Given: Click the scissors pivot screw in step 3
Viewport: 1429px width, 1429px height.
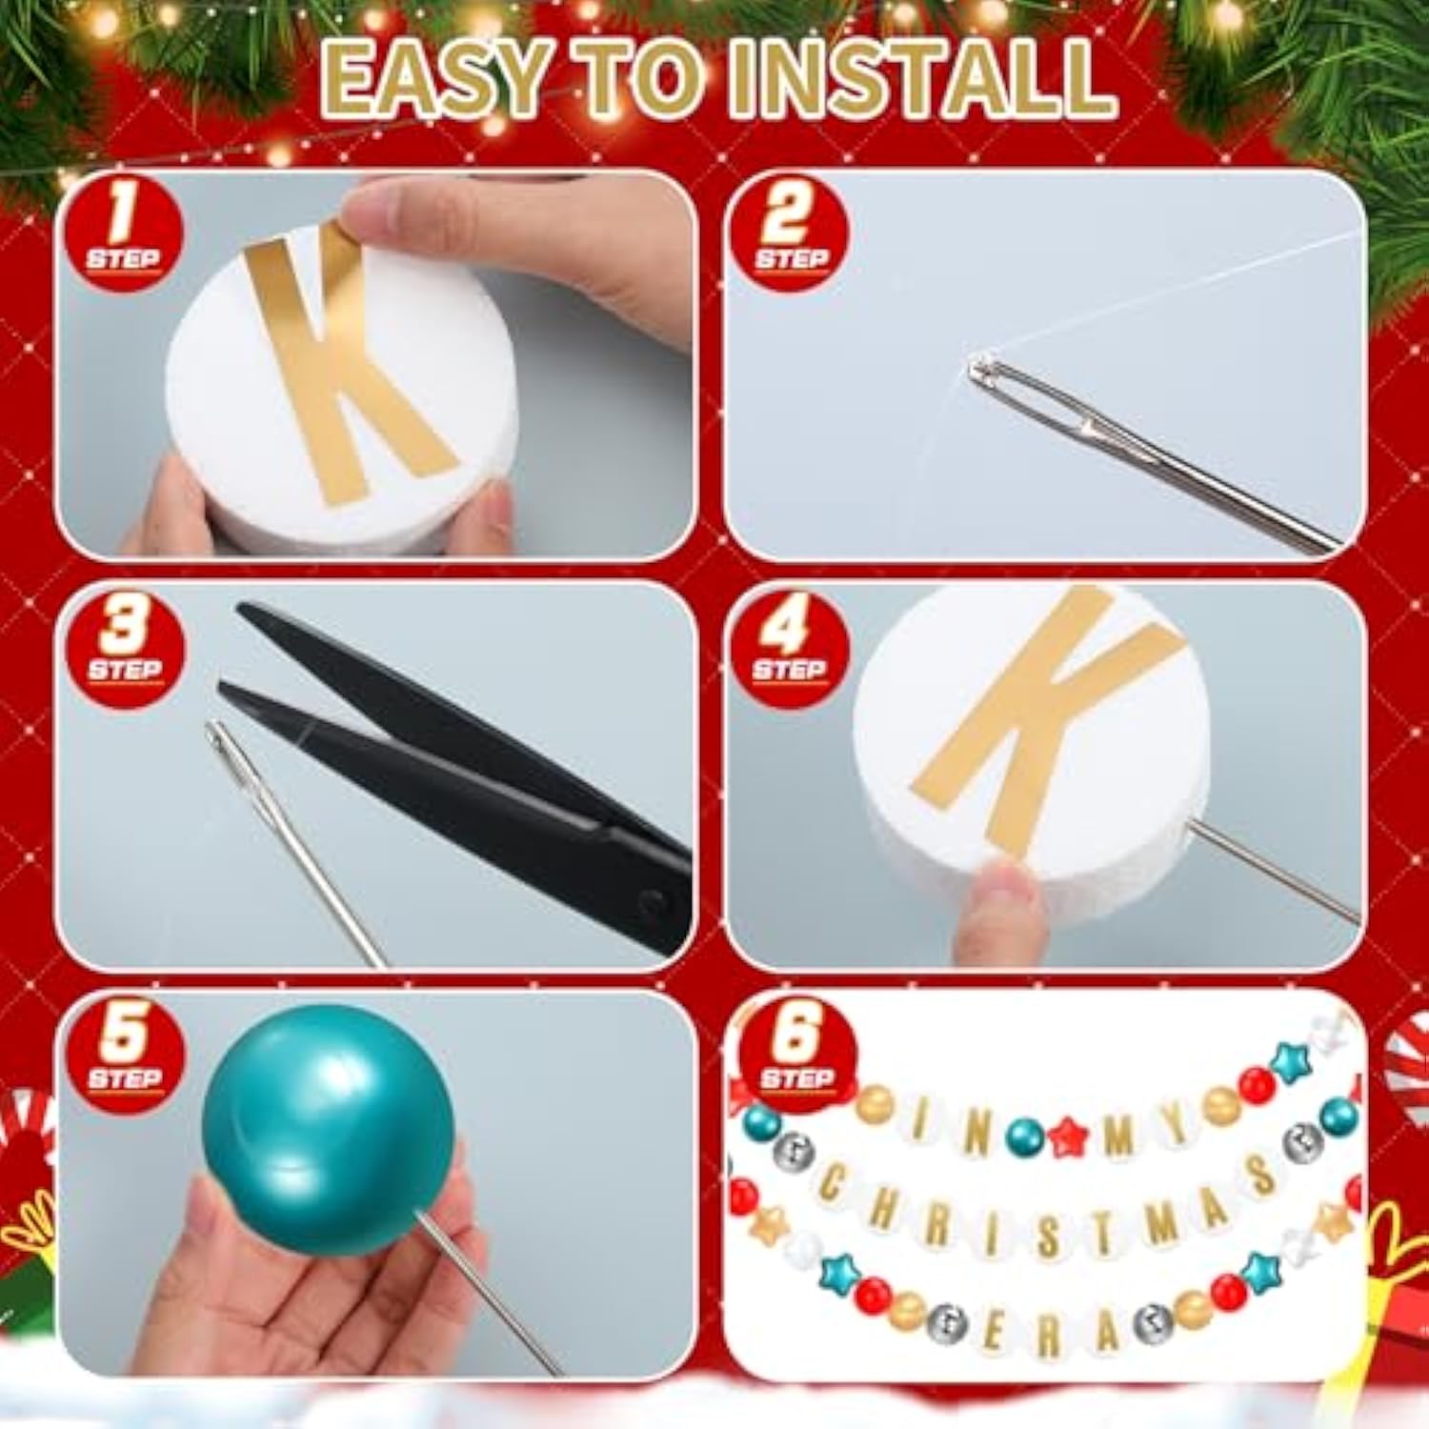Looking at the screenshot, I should pos(651,900).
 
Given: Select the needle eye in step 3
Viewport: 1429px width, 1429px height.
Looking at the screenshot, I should pos(226,741).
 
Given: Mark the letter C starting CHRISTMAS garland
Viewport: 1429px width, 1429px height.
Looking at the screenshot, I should pos(832,1183).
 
